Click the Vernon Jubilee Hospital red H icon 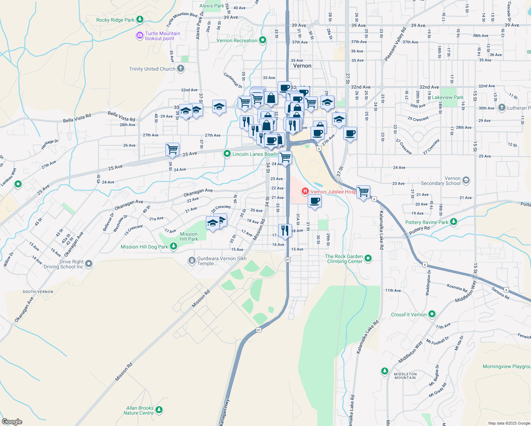click(x=305, y=192)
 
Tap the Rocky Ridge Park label click(x=115, y=20)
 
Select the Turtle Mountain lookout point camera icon click(x=139, y=35)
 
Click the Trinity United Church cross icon click(x=181, y=69)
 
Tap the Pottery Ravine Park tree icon click(x=453, y=222)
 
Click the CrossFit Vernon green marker click(x=432, y=314)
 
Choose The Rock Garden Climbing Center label click(x=344, y=259)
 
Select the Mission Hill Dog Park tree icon click(x=173, y=246)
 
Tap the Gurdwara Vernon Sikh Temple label click(x=221, y=261)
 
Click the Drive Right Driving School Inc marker click(x=89, y=264)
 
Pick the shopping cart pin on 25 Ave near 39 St click(x=172, y=149)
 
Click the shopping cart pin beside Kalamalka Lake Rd click(x=363, y=192)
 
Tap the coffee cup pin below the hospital click(x=314, y=201)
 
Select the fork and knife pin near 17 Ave click(x=285, y=231)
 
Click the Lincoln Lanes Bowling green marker click(x=227, y=154)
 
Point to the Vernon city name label click(x=302, y=66)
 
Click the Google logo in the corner click(x=12, y=421)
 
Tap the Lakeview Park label click(x=448, y=97)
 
